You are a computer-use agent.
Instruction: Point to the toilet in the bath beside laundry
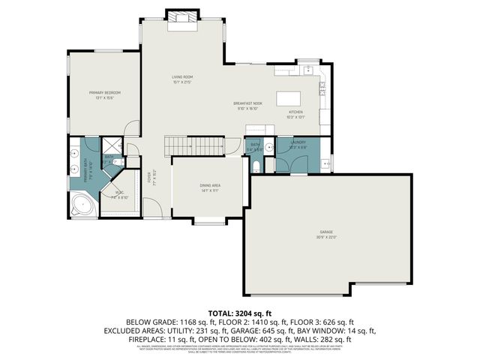tap(256, 166)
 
